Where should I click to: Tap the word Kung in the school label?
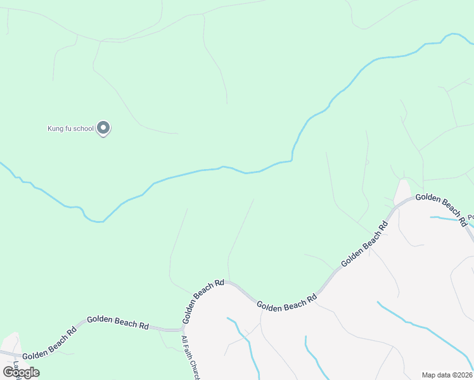coord(56,129)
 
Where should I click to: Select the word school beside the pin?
coord(84,129)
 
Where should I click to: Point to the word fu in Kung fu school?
coord(69,129)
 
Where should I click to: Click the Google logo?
coord(21,372)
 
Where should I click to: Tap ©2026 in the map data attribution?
coord(463,375)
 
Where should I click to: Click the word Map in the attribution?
coord(429,375)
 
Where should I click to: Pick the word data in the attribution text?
coord(444,375)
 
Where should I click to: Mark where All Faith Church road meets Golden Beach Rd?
coord(184,330)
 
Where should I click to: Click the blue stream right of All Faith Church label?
coord(244,342)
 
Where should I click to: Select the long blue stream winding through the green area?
coord(190,172)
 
